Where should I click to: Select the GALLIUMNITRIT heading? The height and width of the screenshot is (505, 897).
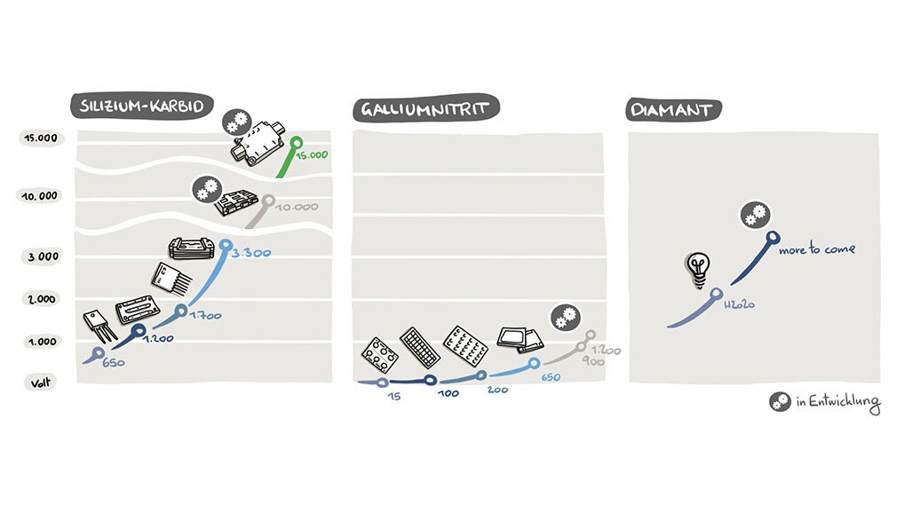(425, 109)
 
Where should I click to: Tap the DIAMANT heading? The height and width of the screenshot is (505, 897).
(672, 110)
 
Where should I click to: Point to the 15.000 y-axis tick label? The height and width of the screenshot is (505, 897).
(40, 138)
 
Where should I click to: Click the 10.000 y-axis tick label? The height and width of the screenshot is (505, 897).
(40, 195)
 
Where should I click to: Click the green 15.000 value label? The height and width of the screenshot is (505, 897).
(313, 154)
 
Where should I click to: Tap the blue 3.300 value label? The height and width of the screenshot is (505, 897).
(250, 254)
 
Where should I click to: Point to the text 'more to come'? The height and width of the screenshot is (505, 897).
(816, 250)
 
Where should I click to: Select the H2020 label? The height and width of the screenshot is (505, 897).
(739, 304)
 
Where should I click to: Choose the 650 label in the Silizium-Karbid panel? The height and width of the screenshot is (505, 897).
(112, 362)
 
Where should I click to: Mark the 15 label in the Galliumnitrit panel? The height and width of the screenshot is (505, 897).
(395, 396)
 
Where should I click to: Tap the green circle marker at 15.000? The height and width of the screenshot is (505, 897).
(296, 141)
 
